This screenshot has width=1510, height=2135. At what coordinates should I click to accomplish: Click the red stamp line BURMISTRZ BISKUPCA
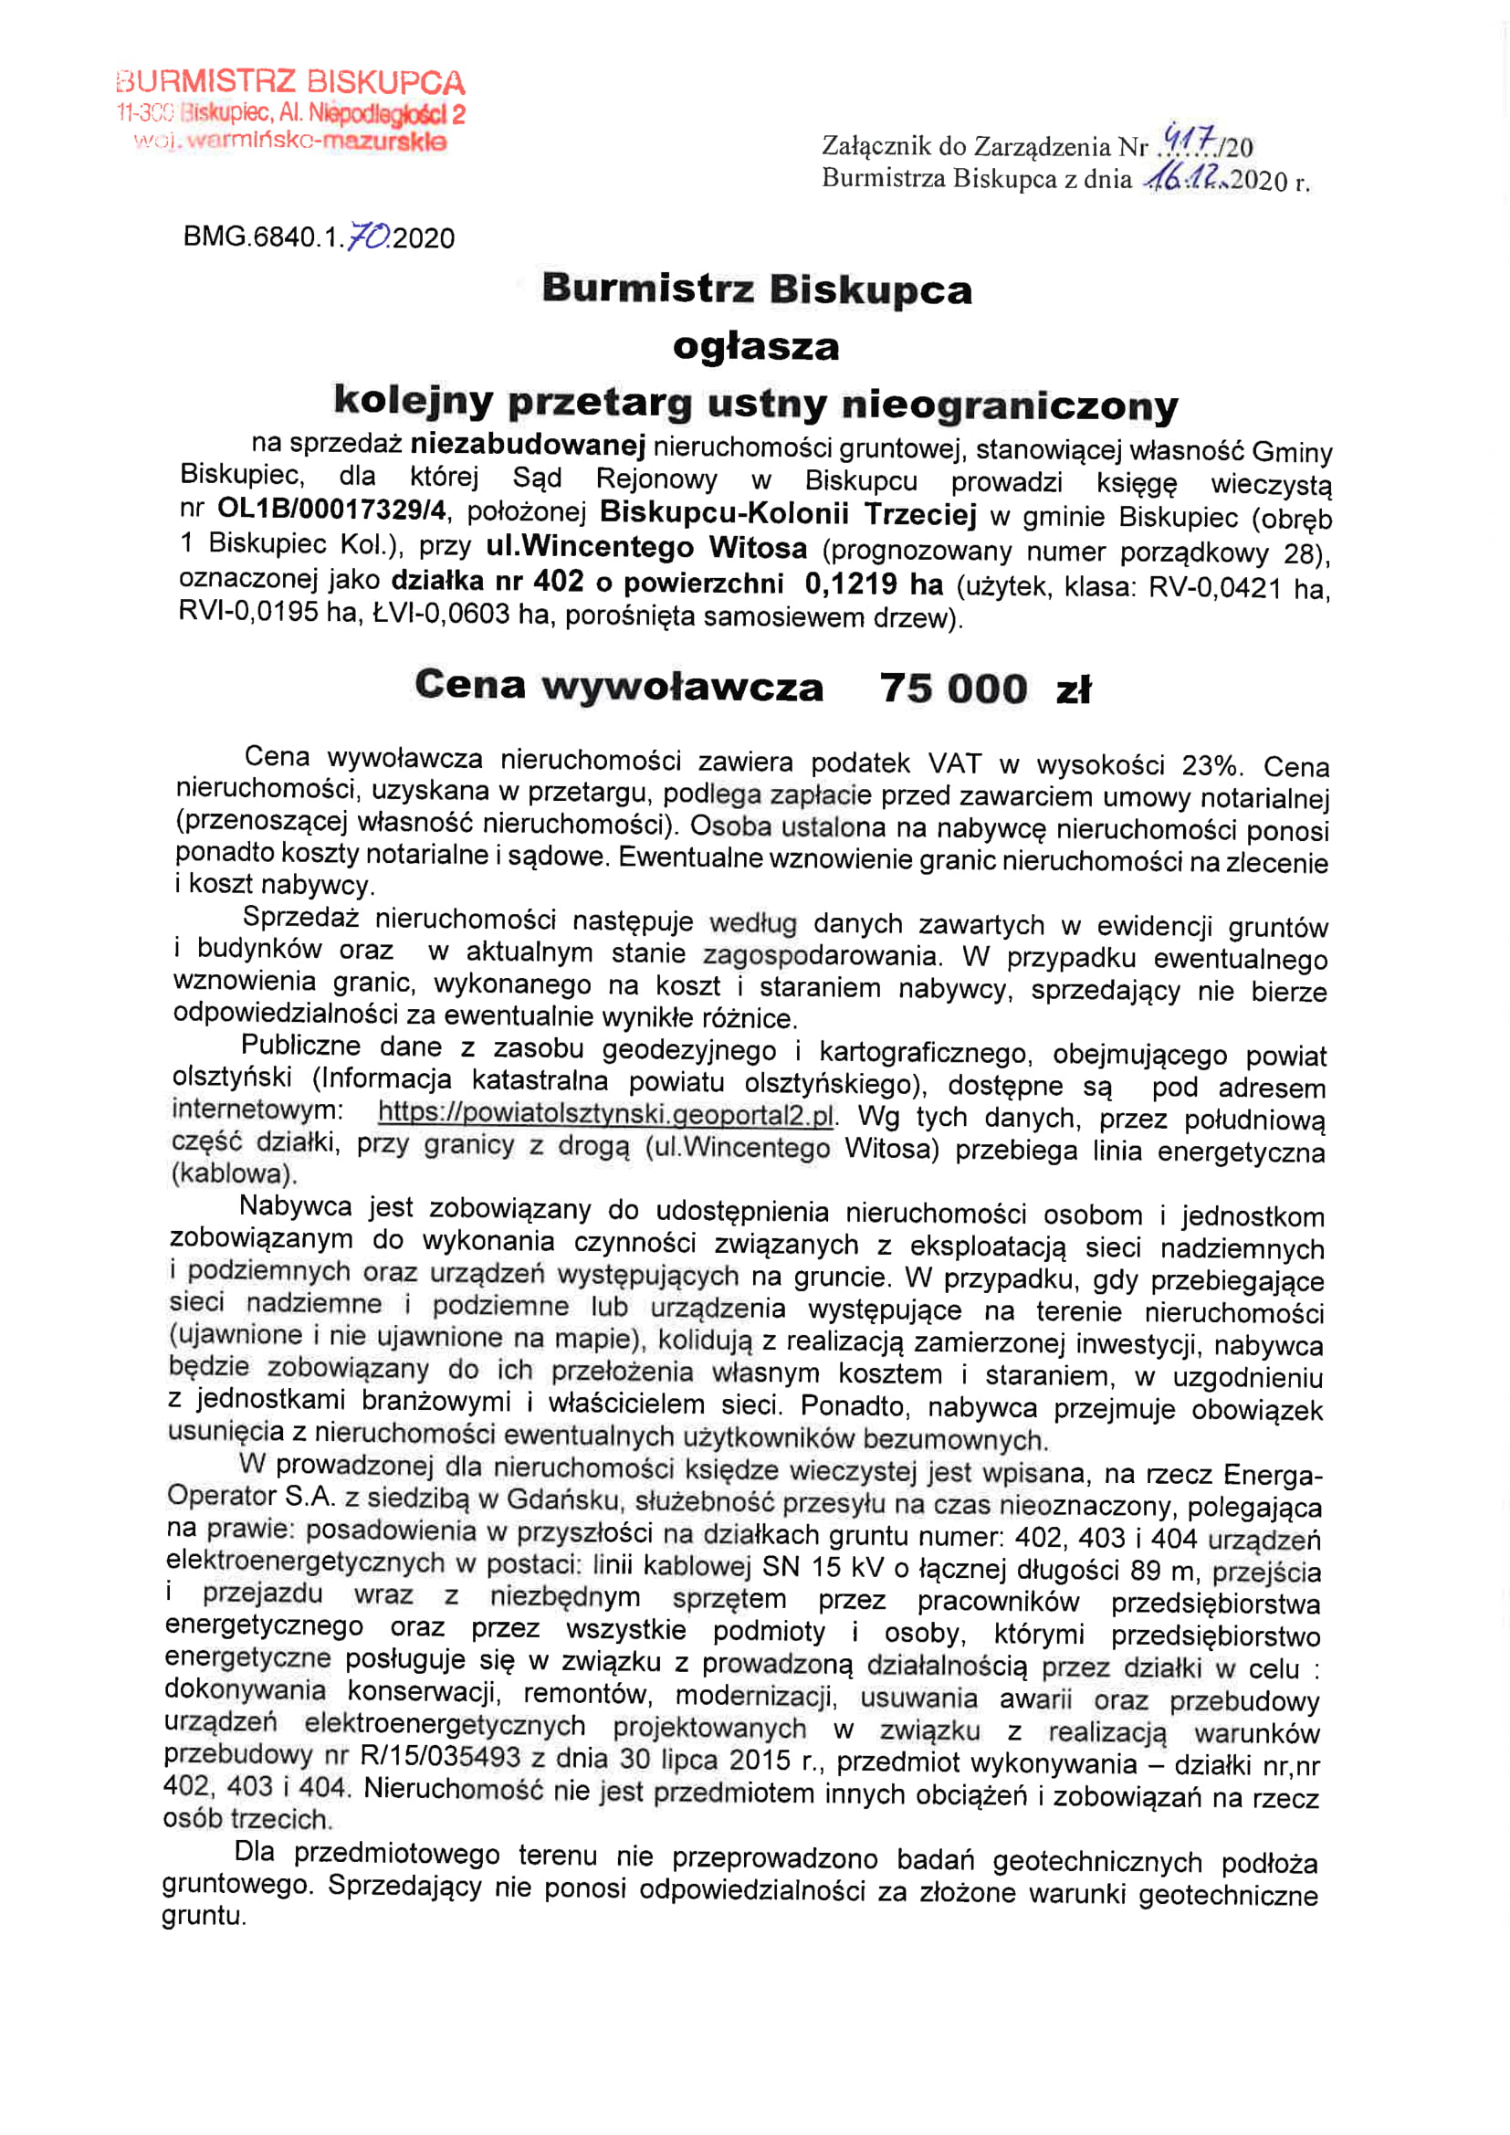click(290, 82)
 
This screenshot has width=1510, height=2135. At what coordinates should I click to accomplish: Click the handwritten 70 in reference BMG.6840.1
click(367, 237)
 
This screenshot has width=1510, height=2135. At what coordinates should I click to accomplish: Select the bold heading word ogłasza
click(756, 347)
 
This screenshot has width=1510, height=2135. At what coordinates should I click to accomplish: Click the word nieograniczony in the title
click(1010, 405)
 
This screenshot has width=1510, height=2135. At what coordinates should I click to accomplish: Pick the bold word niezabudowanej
click(528, 446)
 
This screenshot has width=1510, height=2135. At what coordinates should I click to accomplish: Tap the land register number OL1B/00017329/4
click(332, 510)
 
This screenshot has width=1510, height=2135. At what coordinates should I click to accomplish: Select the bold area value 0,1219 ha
click(874, 584)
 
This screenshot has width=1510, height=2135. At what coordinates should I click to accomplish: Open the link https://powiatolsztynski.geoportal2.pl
click(605, 1113)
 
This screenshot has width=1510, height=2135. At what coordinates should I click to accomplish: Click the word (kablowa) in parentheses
click(234, 1173)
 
